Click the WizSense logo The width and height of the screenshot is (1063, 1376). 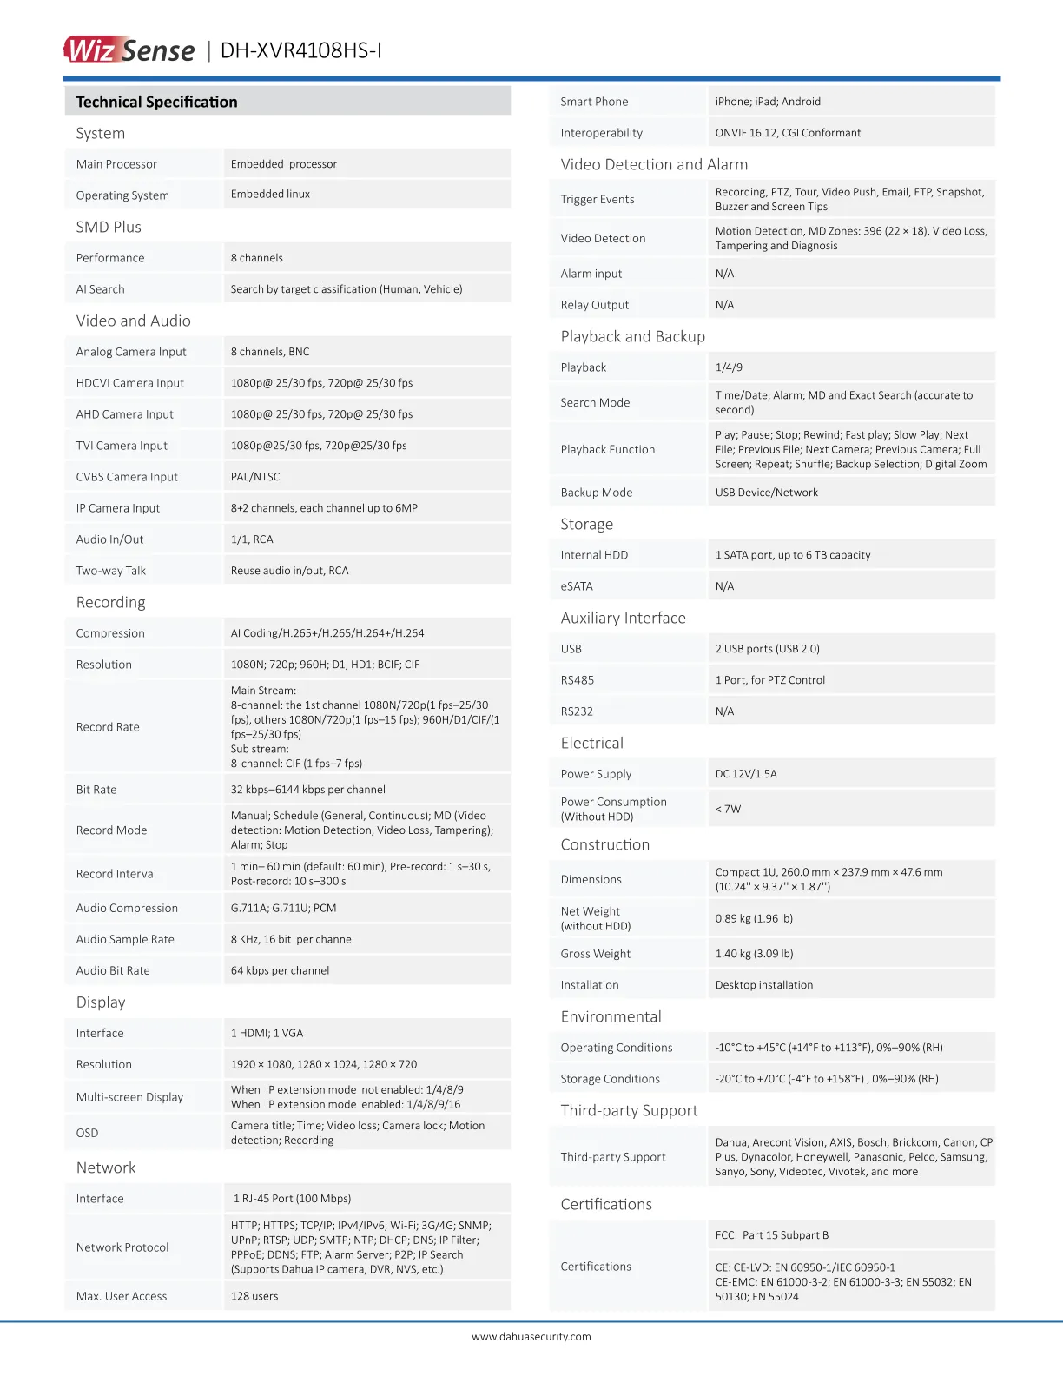(x=129, y=50)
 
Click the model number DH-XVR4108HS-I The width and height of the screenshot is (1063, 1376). (x=300, y=50)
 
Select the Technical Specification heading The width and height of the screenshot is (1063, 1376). (x=156, y=102)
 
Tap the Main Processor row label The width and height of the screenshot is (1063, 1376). (x=116, y=164)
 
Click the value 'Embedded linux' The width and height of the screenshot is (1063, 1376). (x=270, y=195)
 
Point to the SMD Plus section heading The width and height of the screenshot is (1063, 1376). (x=109, y=227)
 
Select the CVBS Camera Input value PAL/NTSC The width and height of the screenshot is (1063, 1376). (x=255, y=477)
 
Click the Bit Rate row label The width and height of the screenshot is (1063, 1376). (x=96, y=790)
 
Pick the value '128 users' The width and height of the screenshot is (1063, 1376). (x=254, y=1296)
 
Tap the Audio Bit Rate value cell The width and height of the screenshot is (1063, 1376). (x=280, y=970)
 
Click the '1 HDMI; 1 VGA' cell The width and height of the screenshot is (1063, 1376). (x=267, y=1033)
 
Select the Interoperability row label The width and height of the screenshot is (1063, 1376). (x=602, y=133)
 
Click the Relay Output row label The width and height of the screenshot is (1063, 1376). (x=595, y=305)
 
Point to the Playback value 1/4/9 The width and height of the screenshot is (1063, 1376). (x=729, y=367)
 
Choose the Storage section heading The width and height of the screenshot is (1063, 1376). (x=587, y=524)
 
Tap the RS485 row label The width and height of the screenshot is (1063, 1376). (x=578, y=680)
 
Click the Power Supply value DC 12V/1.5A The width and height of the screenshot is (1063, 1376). (x=746, y=774)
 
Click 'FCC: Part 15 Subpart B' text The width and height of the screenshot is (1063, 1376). (x=772, y=1235)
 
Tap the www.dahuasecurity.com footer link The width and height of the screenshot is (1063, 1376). (x=531, y=1337)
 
